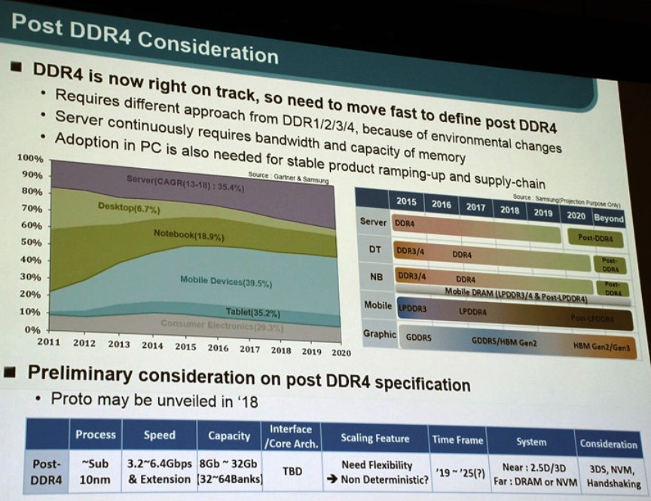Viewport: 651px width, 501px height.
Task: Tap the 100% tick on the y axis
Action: (x=30, y=159)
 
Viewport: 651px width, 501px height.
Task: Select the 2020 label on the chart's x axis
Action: (x=341, y=352)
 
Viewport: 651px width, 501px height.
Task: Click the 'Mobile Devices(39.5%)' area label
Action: (x=226, y=282)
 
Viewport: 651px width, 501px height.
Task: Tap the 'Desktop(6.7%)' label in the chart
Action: (x=129, y=207)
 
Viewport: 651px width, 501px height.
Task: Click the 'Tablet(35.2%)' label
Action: (x=253, y=311)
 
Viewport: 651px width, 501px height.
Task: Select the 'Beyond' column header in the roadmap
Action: (x=608, y=218)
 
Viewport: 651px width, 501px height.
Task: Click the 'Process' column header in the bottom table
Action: (x=96, y=435)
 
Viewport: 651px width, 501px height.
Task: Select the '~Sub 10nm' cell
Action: (x=96, y=472)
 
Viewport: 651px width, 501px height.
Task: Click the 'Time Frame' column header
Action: (x=457, y=439)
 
